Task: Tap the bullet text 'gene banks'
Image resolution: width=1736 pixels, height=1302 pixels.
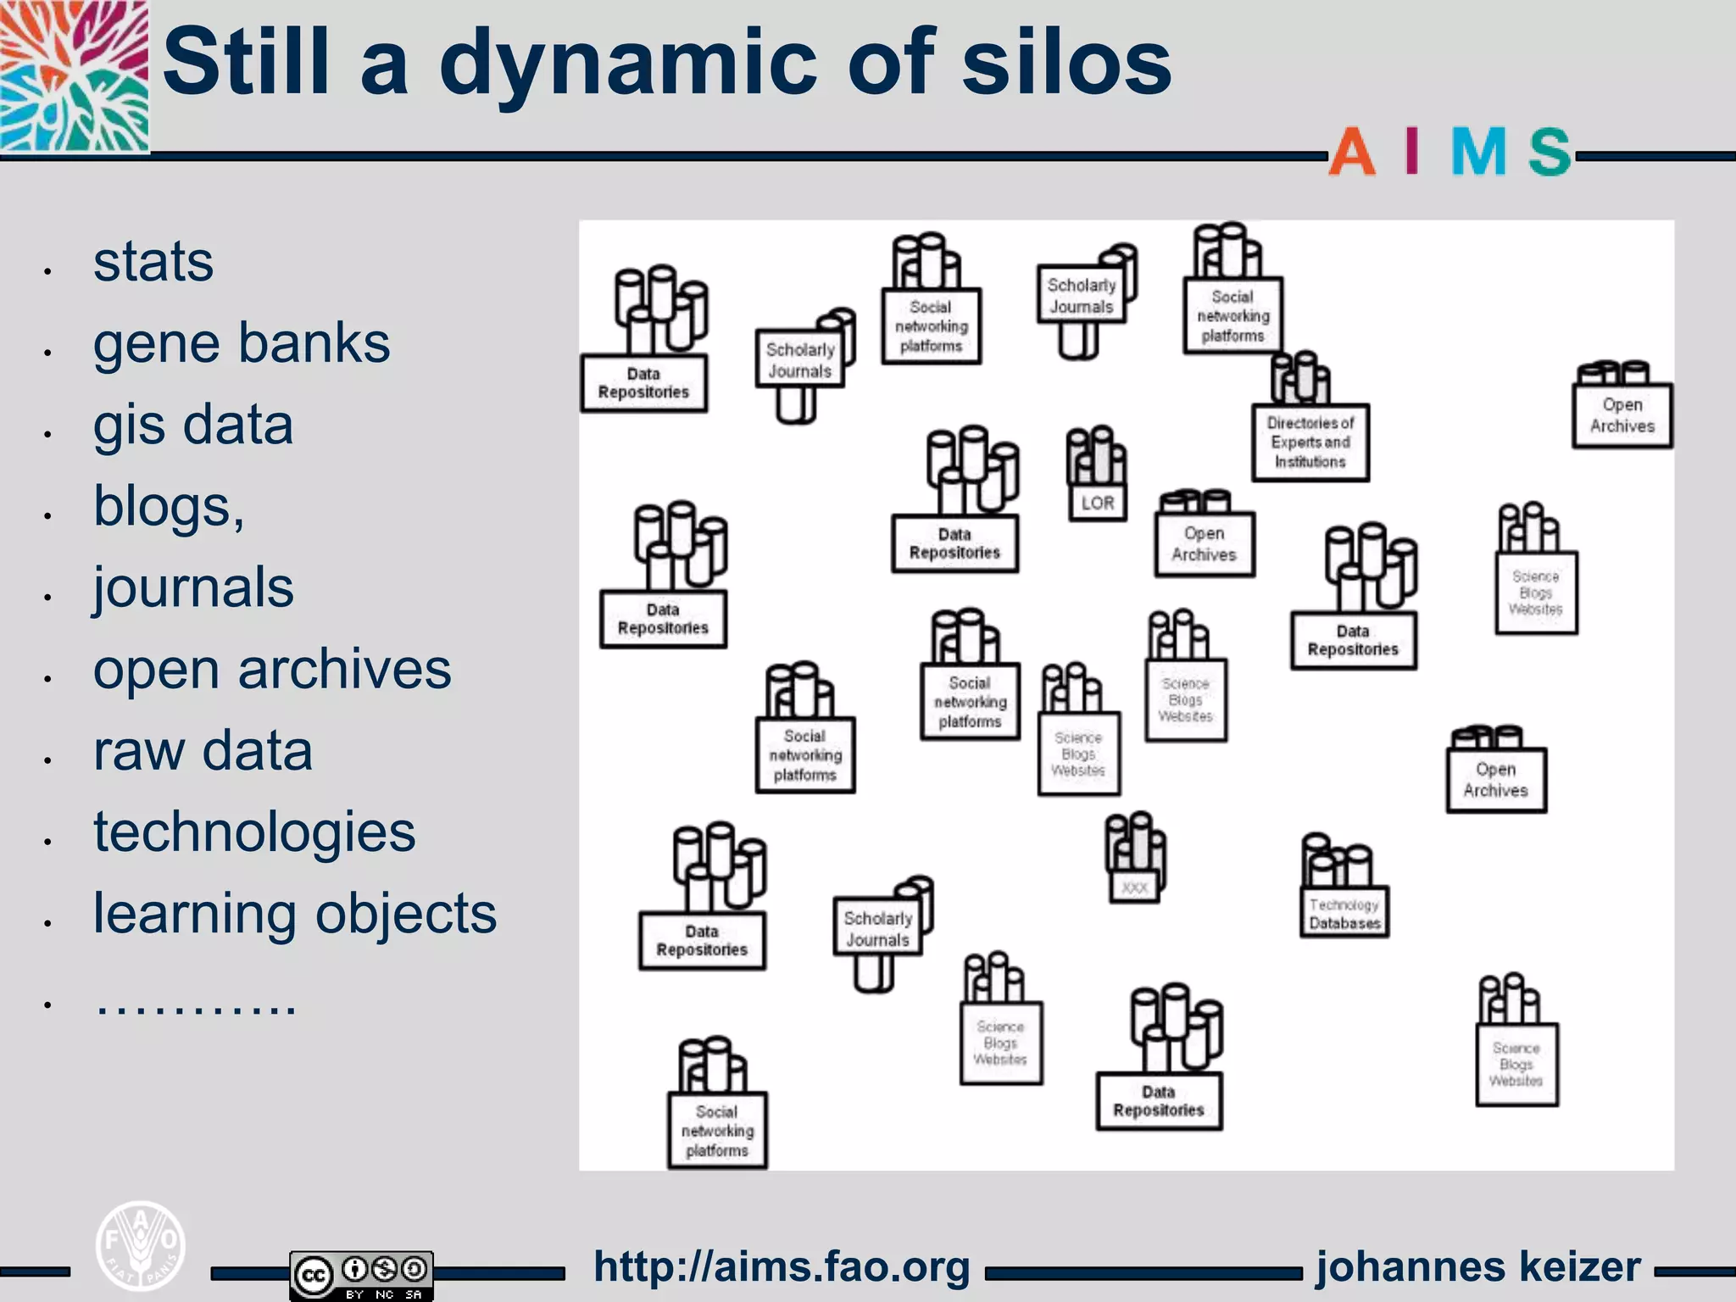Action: pyautogui.click(x=242, y=343)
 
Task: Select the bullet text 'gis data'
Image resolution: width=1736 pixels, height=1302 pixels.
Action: pyautogui.click(x=193, y=425)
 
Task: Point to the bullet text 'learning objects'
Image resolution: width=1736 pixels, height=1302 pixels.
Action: pyautogui.click(x=295, y=914)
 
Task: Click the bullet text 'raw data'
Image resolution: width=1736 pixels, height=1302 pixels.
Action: pyautogui.click(x=203, y=751)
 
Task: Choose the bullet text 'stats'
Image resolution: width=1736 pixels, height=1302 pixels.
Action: pyautogui.click(x=153, y=262)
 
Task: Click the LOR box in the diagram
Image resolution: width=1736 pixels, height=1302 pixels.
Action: pyautogui.click(x=1098, y=504)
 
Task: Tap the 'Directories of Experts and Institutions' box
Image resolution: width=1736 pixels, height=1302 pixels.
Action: pyautogui.click(x=1310, y=442)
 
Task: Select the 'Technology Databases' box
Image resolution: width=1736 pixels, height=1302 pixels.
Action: pyautogui.click(x=1344, y=913)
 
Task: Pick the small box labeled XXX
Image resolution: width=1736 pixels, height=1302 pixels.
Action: pyautogui.click(x=1134, y=887)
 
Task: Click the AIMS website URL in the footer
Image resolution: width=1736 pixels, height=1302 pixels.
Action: pyautogui.click(x=782, y=1267)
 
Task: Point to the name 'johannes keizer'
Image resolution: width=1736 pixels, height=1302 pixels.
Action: pyautogui.click(x=1478, y=1267)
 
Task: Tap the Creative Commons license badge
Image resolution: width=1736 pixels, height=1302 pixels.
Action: pyautogui.click(x=361, y=1274)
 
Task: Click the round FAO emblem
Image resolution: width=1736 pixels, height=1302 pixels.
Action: pyautogui.click(x=141, y=1245)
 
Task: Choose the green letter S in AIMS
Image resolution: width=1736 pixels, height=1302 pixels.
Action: pyautogui.click(x=1550, y=153)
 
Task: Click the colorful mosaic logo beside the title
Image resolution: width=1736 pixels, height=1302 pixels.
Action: pyautogui.click(x=75, y=76)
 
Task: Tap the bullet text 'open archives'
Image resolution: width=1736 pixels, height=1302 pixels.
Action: pyautogui.click(x=272, y=670)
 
